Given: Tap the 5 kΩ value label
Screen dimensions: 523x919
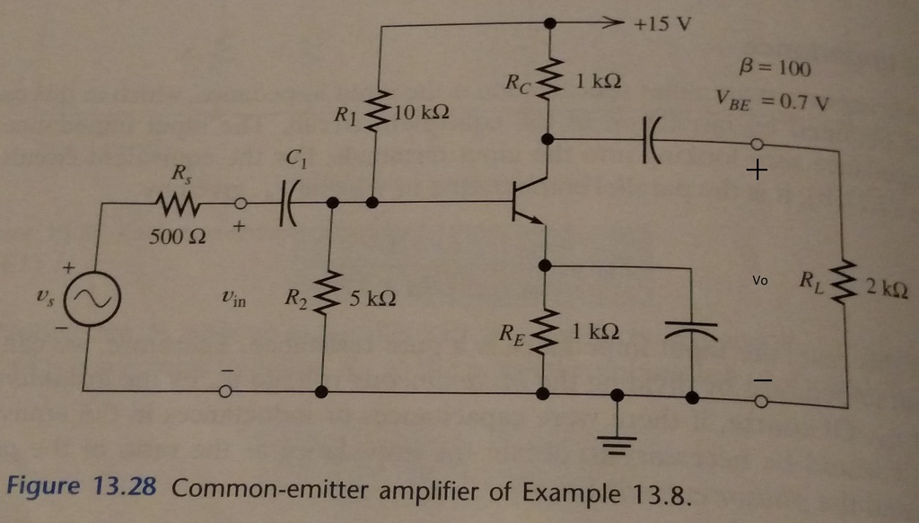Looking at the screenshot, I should pos(369,298).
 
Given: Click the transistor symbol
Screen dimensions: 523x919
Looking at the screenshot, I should pos(528,202).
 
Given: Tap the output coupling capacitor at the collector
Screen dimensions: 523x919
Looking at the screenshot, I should pos(650,141).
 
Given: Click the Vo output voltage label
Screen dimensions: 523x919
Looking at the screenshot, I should pos(760,281).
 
